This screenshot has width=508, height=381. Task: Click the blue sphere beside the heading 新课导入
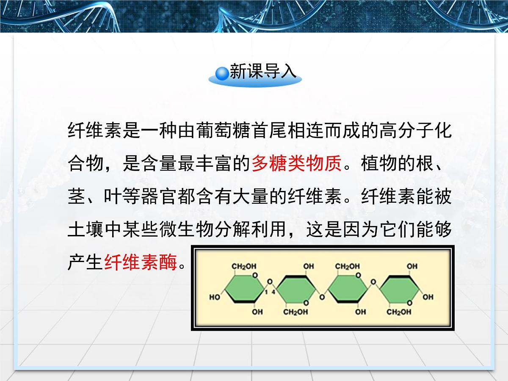tap(222, 72)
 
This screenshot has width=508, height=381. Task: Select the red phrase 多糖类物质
tap(296, 163)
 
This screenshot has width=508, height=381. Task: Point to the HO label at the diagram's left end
tap(215, 297)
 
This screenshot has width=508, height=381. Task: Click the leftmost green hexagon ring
tap(243, 290)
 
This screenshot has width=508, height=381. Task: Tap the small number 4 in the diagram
tap(274, 293)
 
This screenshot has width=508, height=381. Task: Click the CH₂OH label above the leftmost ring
tap(243, 266)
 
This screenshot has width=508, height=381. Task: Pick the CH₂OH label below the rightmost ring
tap(399, 312)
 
